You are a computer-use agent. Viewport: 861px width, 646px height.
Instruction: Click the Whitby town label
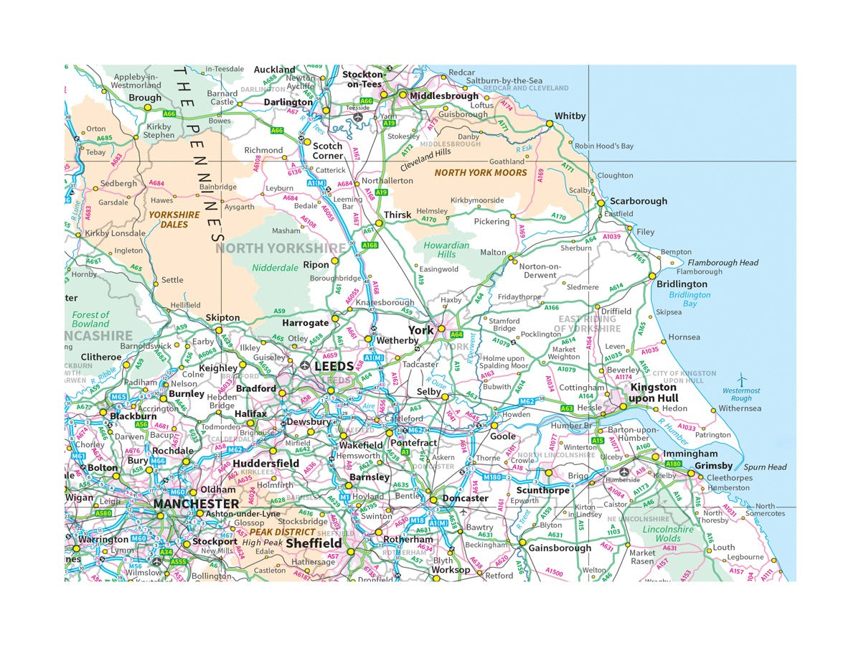570,116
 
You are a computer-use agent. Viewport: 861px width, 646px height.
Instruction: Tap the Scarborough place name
638,202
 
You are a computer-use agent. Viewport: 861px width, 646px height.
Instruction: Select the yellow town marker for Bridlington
652,276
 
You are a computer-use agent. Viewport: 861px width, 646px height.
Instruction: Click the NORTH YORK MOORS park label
480,173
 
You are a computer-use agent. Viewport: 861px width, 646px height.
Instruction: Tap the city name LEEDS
334,367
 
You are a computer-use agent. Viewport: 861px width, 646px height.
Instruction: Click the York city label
421,330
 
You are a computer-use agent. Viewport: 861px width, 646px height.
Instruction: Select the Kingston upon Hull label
653,393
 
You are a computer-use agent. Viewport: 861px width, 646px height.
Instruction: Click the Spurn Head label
765,467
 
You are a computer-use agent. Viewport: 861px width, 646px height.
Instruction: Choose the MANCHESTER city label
195,504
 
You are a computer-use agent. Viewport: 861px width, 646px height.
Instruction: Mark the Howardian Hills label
446,250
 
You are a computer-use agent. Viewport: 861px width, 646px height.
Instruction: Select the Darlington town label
288,103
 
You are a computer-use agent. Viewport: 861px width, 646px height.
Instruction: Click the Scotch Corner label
327,151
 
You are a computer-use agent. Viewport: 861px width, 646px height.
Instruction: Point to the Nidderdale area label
275,268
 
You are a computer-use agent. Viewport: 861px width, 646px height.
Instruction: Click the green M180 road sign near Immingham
673,464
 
